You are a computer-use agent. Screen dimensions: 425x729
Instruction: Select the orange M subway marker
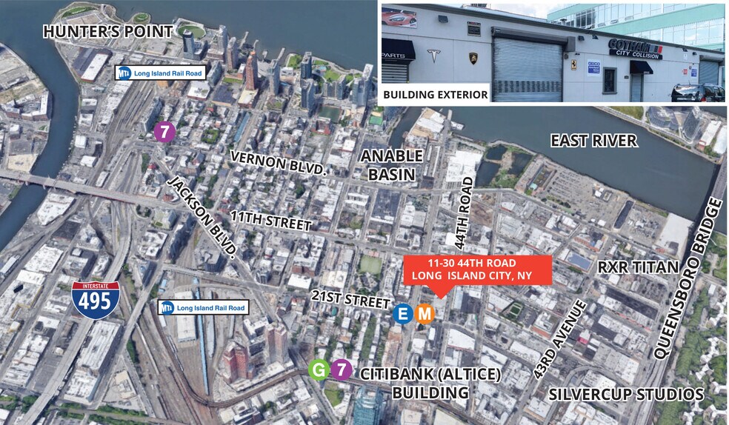click(x=425, y=314)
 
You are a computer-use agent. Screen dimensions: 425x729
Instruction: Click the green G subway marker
click(x=319, y=369)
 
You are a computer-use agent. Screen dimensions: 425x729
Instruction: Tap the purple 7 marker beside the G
click(x=340, y=369)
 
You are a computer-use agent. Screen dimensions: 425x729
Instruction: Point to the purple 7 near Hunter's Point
click(x=164, y=132)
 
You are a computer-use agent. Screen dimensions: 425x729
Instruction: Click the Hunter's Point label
click(x=107, y=32)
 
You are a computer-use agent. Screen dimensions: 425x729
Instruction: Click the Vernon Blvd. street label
click(x=277, y=163)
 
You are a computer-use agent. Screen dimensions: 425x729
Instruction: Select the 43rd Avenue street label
click(x=560, y=340)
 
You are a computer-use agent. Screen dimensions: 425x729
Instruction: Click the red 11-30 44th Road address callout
click(x=479, y=270)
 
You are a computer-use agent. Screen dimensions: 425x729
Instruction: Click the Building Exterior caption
click(x=435, y=95)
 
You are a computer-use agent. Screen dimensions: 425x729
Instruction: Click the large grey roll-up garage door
click(x=527, y=69)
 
